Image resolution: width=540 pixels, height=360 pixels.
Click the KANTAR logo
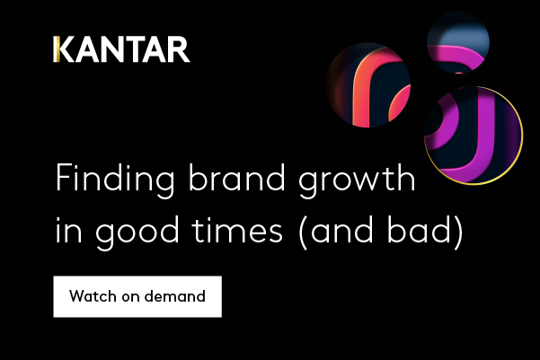tap(121, 49)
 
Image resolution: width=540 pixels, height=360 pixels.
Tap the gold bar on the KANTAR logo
tap(55, 49)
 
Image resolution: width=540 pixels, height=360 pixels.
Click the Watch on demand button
tap(137, 296)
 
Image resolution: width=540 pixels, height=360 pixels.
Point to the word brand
tap(236, 177)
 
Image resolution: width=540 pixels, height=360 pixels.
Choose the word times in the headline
tap(237, 230)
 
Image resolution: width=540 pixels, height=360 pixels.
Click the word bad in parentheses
tap(419, 229)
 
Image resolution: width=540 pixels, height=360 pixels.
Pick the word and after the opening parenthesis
tap(341, 229)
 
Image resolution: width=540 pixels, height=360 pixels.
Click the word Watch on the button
tap(93, 296)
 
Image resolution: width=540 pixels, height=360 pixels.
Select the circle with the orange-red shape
tap(367, 85)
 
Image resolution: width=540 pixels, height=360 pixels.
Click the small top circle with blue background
tap(458, 42)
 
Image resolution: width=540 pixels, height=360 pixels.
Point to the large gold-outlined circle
tap(474, 136)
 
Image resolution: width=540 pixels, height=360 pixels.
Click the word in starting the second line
tap(69, 230)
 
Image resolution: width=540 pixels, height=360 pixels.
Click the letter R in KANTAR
tap(180, 49)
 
